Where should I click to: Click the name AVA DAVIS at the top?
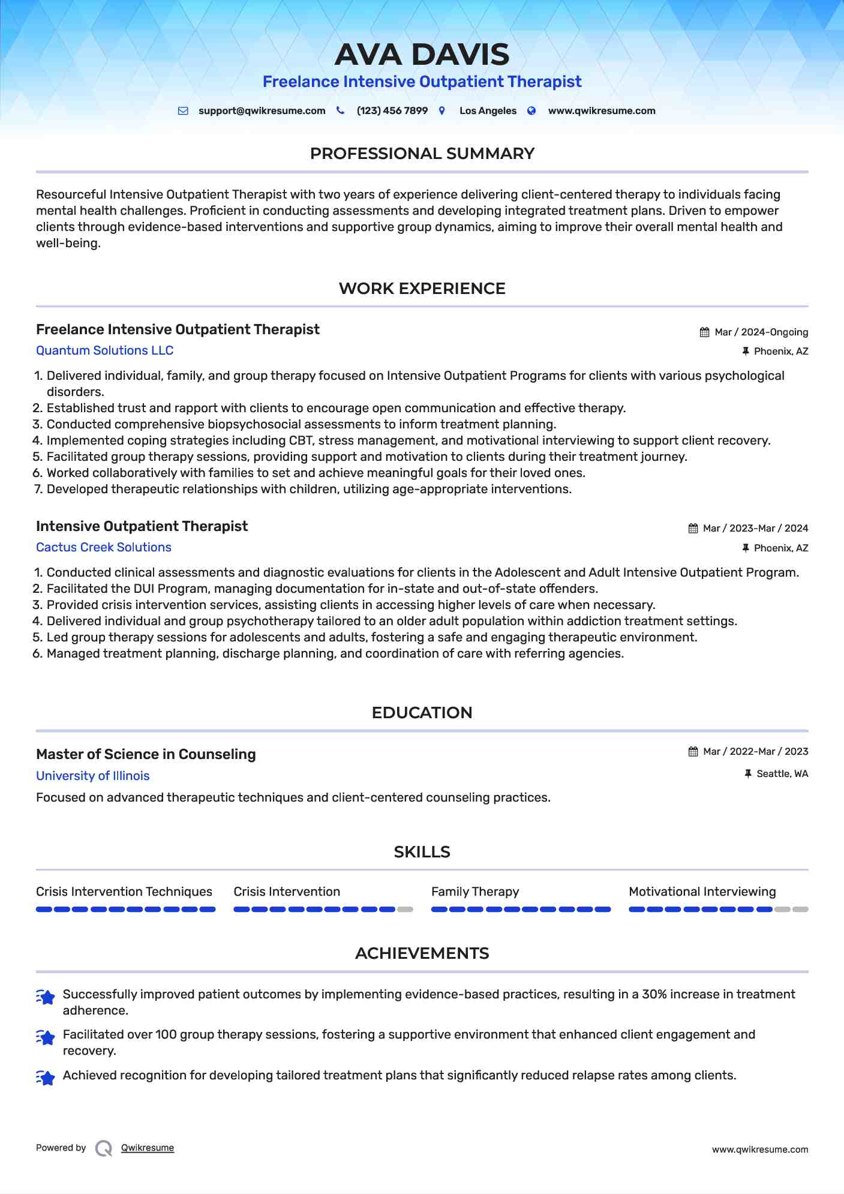click(422, 55)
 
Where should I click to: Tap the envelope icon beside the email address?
click(183, 111)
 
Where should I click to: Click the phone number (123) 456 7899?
click(392, 111)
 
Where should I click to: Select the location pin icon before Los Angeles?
click(442, 111)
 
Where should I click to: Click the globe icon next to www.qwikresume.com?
click(531, 111)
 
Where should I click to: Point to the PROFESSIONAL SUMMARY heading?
click(422, 154)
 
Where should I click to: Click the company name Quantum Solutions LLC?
click(104, 350)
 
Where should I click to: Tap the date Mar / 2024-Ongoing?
click(761, 332)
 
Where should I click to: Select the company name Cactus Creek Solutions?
click(103, 547)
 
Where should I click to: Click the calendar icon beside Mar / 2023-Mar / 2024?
click(693, 529)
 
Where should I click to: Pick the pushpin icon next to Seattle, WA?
click(747, 774)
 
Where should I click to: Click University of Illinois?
click(92, 776)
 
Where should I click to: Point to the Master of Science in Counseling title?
click(146, 754)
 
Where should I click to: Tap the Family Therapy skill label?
click(474, 892)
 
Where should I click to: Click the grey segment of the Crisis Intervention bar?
click(406, 910)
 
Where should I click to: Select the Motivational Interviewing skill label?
click(702, 892)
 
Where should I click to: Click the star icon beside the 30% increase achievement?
click(46, 997)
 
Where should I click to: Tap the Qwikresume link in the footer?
click(148, 1148)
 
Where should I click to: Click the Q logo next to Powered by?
click(104, 1148)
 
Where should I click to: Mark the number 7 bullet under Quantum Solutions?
click(38, 490)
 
